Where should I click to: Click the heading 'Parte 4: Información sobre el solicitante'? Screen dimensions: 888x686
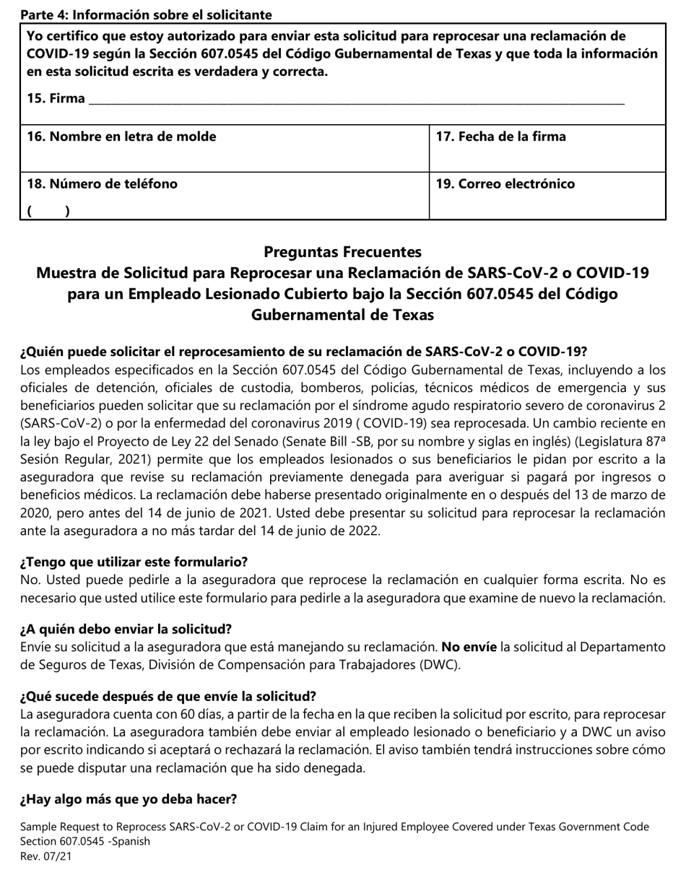pyautogui.click(x=146, y=14)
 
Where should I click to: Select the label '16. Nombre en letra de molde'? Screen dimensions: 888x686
pyautogui.click(x=121, y=136)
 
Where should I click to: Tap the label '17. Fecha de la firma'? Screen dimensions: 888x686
pyautogui.click(x=501, y=136)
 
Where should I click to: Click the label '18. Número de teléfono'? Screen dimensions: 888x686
pyautogui.click(x=102, y=183)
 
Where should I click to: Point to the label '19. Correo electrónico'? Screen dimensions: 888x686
pyautogui.click(x=505, y=183)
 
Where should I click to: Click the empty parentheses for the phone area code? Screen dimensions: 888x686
pyautogui.click(x=48, y=212)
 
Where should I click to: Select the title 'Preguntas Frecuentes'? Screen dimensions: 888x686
pyautogui.click(x=342, y=252)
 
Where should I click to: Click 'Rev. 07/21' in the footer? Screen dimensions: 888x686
pyautogui.click(x=45, y=857)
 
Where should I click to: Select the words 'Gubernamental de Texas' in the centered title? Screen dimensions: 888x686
pyautogui.click(x=342, y=315)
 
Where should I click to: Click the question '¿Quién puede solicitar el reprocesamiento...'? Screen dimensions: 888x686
pyautogui.click(x=303, y=352)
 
